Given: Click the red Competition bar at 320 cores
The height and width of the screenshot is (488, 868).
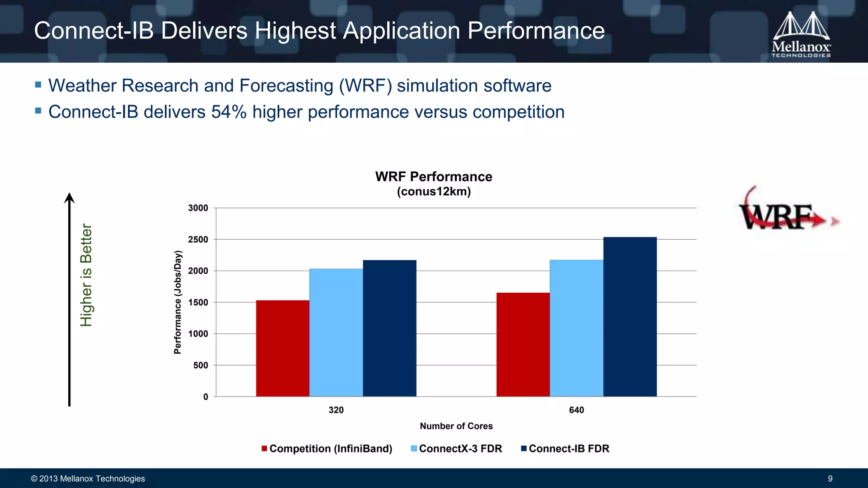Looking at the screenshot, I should (x=283, y=348).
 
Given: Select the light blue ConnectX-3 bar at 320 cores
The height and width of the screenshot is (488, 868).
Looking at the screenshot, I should (x=336, y=333).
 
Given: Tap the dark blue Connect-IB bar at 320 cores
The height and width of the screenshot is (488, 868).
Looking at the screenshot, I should (x=389, y=328).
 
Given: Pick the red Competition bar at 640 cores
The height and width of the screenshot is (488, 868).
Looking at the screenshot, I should (x=523, y=344).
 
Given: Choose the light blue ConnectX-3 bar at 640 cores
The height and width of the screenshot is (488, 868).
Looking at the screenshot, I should (x=576, y=328).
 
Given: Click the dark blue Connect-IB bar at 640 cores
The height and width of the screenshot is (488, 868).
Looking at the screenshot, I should (x=630, y=317).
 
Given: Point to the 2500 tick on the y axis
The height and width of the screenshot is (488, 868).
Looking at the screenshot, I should (x=198, y=240).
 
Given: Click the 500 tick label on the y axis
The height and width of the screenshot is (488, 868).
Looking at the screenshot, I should (x=201, y=366).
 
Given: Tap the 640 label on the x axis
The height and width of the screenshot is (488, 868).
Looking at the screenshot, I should (x=576, y=410).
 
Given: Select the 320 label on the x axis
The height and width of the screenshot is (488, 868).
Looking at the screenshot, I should (x=336, y=410).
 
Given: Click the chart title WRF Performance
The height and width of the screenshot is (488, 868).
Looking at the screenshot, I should (x=434, y=177).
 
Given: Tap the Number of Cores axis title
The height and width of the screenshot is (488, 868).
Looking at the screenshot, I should (x=456, y=426).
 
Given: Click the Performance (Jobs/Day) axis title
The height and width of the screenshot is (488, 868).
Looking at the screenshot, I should (x=178, y=302).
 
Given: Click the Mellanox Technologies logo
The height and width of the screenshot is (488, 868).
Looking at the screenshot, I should (x=801, y=35).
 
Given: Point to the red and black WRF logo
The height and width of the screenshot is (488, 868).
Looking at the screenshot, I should (x=784, y=212).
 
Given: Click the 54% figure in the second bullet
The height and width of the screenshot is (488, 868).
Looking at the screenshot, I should (x=229, y=112).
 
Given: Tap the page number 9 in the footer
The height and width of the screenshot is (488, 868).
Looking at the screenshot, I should (x=830, y=479).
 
